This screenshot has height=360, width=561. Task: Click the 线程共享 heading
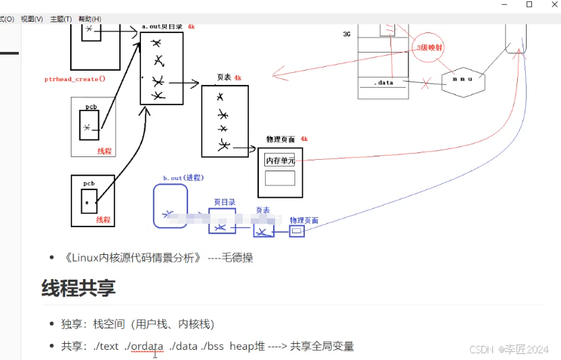click(x=78, y=288)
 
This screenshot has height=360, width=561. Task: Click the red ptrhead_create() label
click(x=75, y=79)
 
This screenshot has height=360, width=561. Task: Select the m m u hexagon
click(x=463, y=80)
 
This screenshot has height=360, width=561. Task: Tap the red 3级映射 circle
click(x=430, y=47)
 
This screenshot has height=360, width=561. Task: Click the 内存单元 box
click(x=280, y=160)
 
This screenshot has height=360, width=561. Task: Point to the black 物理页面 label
click(x=281, y=139)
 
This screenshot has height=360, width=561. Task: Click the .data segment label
click(x=384, y=83)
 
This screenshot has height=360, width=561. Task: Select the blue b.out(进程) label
click(x=183, y=178)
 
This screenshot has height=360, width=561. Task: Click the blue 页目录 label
click(x=225, y=202)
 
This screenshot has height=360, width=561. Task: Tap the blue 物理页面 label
click(x=304, y=220)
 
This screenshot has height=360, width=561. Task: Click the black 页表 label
click(x=225, y=78)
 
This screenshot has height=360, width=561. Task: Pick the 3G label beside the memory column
click(x=347, y=33)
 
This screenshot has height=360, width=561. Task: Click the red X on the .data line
click(x=425, y=84)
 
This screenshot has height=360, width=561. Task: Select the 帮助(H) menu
click(x=90, y=19)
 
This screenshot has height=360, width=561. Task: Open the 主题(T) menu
click(x=61, y=19)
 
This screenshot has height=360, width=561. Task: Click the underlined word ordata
click(x=147, y=346)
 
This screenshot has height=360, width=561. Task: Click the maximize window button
click(x=529, y=5)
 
